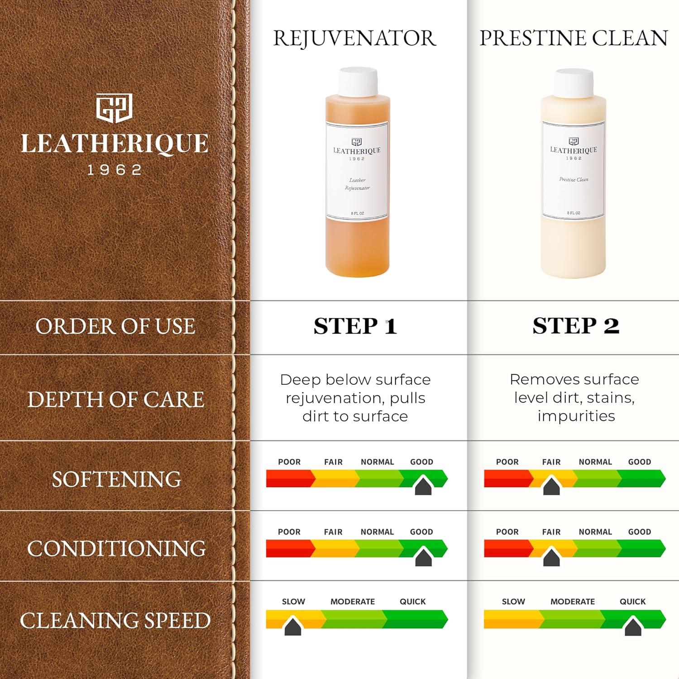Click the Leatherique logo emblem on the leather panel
click(x=114, y=108)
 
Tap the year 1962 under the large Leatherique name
click(x=115, y=170)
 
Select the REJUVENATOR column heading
click(x=354, y=38)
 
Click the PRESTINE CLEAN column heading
click(x=574, y=38)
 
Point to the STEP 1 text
click(x=355, y=326)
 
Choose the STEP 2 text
click(x=576, y=326)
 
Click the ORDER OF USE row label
click(x=115, y=326)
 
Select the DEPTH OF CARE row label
click(x=116, y=399)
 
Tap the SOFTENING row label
click(x=116, y=479)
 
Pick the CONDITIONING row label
click(x=116, y=549)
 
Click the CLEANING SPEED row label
click(x=115, y=621)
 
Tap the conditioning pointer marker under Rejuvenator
click(x=423, y=557)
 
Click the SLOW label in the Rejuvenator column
click(x=293, y=602)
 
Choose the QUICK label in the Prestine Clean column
click(x=632, y=602)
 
